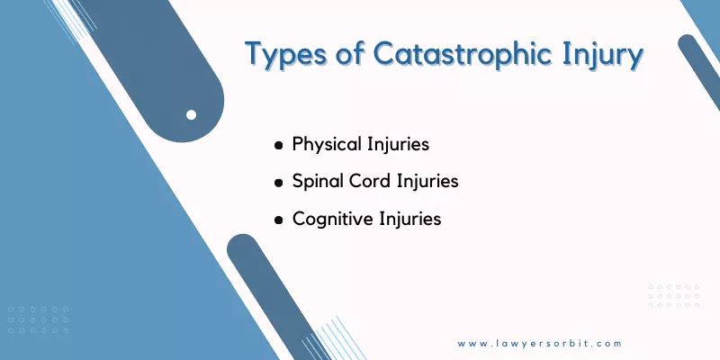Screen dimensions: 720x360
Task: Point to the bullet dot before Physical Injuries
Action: [x=278, y=146]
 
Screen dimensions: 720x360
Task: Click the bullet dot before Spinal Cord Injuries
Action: [x=278, y=183]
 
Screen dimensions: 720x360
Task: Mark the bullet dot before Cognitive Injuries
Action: [x=278, y=220]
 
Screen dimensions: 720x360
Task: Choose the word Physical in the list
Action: [x=327, y=145]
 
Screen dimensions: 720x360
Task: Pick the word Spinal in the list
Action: [x=319, y=182]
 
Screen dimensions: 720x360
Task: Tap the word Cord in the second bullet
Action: [x=371, y=181]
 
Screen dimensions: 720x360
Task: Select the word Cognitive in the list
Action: [x=333, y=219]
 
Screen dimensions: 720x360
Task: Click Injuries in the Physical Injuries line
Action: [x=398, y=145]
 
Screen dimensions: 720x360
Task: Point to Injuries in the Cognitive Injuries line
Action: [x=410, y=219]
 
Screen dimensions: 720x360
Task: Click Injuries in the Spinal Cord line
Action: [x=427, y=182]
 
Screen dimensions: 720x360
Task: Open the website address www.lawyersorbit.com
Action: [x=539, y=344]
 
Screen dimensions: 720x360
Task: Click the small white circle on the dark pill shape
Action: [x=191, y=115]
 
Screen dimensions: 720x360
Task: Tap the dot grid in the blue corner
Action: [x=38, y=319]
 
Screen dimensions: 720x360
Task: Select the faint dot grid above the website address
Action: [x=674, y=296]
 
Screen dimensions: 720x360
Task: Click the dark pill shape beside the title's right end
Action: [x=700, y=69]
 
